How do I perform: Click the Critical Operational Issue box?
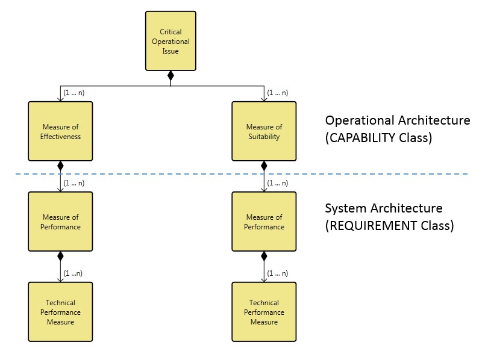(x=170, y=41)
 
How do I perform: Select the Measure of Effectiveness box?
(x=60, y=131)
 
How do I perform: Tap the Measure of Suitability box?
(x=264, y=131)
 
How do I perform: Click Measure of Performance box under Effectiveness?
(x=60, y=222)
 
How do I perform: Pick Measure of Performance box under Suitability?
(x=264, y=222)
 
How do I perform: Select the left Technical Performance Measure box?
(x=60, y=312)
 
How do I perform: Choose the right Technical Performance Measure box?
(x=264, y=312)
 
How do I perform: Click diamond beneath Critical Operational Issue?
(x=170, y=76)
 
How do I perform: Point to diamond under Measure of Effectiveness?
(x=60, y=166)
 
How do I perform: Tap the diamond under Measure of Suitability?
(x=264, y=166)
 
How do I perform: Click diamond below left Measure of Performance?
(x=60, y=256)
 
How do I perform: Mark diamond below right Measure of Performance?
(x=264, y=256)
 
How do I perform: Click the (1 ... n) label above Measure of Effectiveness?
(x=74, y=93)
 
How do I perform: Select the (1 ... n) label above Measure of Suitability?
(x=277, y=93)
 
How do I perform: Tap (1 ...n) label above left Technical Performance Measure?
(x=73, y=273)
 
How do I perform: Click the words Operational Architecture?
(x=397, y=120)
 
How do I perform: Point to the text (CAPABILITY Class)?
(x=378, y=137)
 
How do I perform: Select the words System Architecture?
(x=383, y=209)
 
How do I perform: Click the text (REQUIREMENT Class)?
(x=389, y=226)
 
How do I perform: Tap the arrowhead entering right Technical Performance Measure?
(x=264, y=279)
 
